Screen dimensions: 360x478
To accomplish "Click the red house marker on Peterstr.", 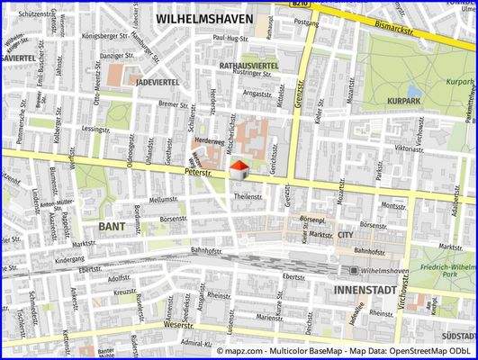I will pyautogui.click(x=238, y=170).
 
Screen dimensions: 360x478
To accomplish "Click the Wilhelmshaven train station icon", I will pyautogui.click(x=354, y=270).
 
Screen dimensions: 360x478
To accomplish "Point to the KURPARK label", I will pyautogui.click(x=404, y=101).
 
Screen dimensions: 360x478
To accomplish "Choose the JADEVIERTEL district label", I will pyautogui.click(x=159, y=81).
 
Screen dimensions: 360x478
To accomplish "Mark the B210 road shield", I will pyautogui.click(x=302, y=4).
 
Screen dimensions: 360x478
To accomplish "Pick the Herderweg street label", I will pyautogui.click(x=209, y=142).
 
